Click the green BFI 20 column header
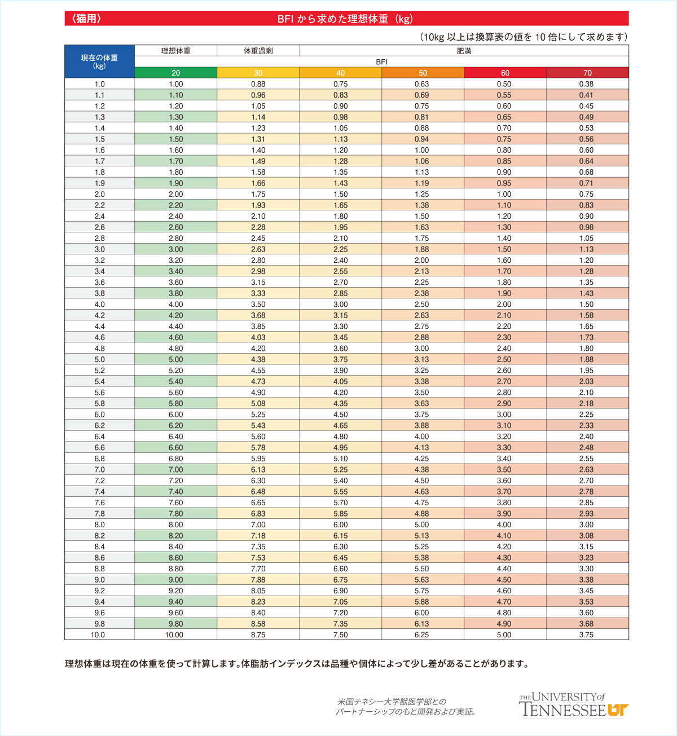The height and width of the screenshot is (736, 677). pos(176,73)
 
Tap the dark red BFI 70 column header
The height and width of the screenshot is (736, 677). pos(587,73)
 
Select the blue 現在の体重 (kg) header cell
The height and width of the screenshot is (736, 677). pos(99,61)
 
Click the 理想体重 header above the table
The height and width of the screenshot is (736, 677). pos(176,51)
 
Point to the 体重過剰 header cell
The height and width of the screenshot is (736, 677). pos(258,51)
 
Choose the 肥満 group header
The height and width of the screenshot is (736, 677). pos(464,51)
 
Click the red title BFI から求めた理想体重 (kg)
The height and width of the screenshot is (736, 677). pos(345,19)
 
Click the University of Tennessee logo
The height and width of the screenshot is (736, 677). pos(573,705)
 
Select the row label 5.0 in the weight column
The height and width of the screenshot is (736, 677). pos(99,359)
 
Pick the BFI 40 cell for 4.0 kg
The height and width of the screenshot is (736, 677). pos(340,304)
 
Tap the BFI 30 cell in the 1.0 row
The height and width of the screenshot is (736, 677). pos(258,84)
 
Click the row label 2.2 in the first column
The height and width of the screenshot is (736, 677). pos(99,205)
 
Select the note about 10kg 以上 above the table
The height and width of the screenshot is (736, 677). pos(524,37)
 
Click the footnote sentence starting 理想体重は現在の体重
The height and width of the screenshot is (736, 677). pos(297,664)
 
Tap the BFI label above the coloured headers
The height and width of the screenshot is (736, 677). pos(381,62)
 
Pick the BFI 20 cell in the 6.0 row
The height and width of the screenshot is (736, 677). pos(176,415)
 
